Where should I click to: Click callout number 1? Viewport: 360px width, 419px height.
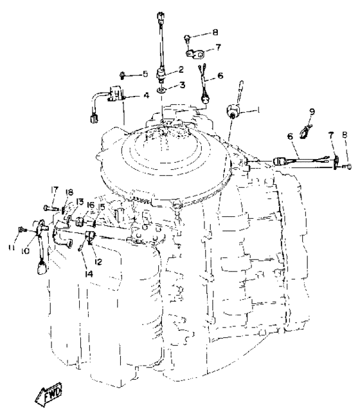tap(258, 109)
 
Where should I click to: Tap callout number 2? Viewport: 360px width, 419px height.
tap(181, 70)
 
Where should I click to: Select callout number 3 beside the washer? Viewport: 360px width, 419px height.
tap(182, 85)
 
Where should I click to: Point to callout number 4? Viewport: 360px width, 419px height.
tap(146, 95)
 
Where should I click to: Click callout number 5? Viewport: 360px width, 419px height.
tap(145, 74)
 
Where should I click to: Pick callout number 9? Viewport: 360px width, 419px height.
tap(312, 111)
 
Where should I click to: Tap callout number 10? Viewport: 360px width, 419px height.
tap(25, 251)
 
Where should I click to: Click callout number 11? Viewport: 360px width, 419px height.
tap(11, 248)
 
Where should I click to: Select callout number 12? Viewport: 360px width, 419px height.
tap(98, 262)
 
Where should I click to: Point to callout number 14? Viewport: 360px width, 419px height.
tap(89, 274)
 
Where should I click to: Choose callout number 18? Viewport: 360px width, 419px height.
tap(69, 192)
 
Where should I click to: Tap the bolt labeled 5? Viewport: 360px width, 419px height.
tap(122, 75)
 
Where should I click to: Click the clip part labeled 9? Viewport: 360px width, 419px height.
tap(305, 131)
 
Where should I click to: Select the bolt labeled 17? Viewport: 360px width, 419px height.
tap(50, 207)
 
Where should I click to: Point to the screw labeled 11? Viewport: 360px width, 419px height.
tap(22, 229)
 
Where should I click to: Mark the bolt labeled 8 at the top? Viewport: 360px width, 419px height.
tap(187, 39)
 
